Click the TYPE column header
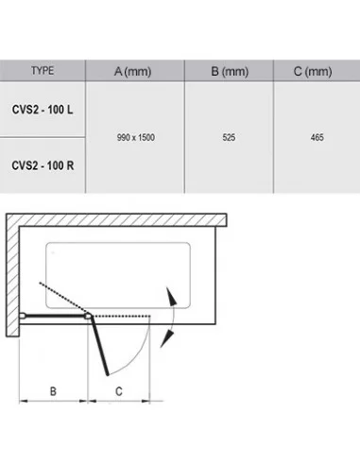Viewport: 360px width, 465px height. click(43, 71)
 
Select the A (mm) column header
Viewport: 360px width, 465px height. click(132, 72)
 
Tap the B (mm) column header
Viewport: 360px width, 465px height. click(230, 72)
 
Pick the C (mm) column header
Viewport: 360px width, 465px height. click(313, 72)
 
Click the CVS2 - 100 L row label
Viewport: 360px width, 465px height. click(43, 110)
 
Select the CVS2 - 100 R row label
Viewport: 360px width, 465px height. click(43, 165)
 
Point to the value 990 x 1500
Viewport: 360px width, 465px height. click(136, 137)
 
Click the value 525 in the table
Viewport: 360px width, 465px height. click(229, 137)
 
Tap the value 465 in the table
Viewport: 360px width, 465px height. click(317, 137)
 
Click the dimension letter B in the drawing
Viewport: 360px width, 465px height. click(53, 391)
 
